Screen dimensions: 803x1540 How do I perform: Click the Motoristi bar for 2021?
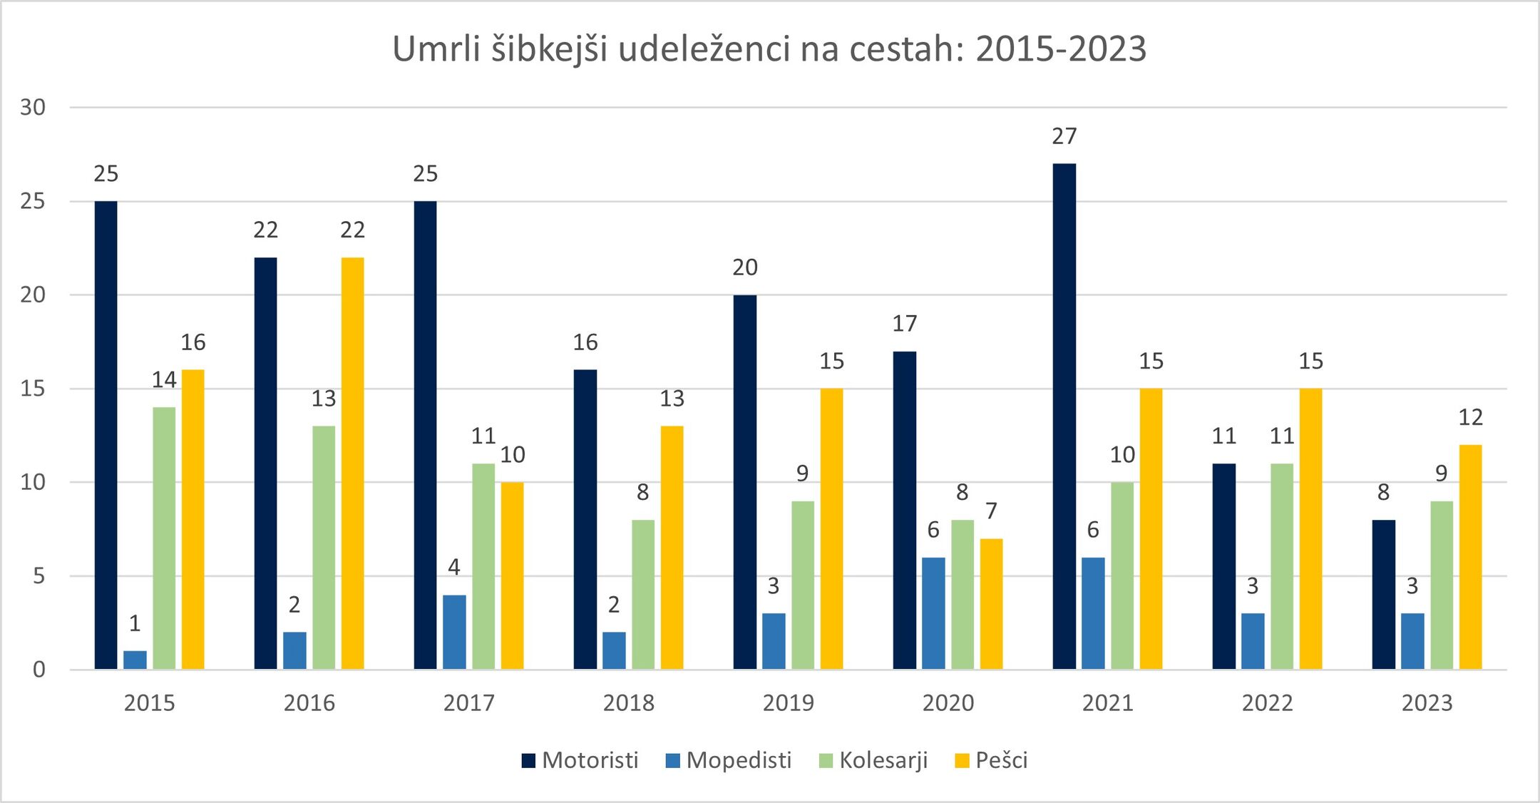pos(1064,416)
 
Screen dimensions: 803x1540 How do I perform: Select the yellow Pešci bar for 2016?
pos(352,464)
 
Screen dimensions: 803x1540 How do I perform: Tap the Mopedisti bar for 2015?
pos(135,660)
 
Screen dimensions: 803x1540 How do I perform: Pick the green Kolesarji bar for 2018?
pos(642,594)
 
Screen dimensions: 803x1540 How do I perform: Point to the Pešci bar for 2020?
pos(991,604)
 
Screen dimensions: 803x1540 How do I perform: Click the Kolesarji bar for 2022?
pos(1281,566)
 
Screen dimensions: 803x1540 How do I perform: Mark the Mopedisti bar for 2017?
pos(454,632)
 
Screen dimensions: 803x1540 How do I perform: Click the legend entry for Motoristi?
pos(580,760)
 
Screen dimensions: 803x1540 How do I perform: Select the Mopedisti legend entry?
pos(729,760)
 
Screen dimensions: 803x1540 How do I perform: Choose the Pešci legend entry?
pos(991,760)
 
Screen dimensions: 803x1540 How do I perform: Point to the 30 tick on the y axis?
pos(33,108)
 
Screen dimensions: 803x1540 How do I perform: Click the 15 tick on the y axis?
pos(33,389)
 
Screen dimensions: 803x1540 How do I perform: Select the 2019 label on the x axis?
pos(788,703)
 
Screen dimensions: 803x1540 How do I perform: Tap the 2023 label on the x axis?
pos(1427,703)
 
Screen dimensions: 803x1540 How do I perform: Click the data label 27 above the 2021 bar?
pos(1064,136)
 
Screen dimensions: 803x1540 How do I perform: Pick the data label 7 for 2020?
pos(991,511)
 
